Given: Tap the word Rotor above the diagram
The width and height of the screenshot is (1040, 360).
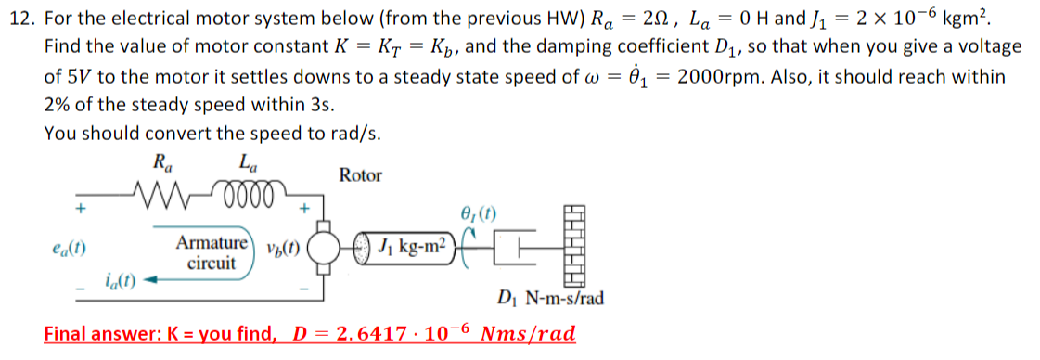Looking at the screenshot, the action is click(360, 174).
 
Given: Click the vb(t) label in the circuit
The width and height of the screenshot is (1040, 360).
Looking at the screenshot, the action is click(282, 249).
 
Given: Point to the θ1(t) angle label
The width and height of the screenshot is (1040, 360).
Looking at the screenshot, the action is click(479, 214).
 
